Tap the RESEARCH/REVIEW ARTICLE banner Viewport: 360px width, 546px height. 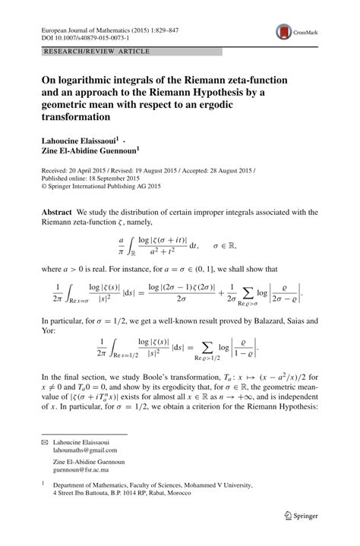pyautogui.click(x=88, y=51)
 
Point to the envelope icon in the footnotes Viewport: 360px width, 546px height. pyautogui.click(x=45, y=441)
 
